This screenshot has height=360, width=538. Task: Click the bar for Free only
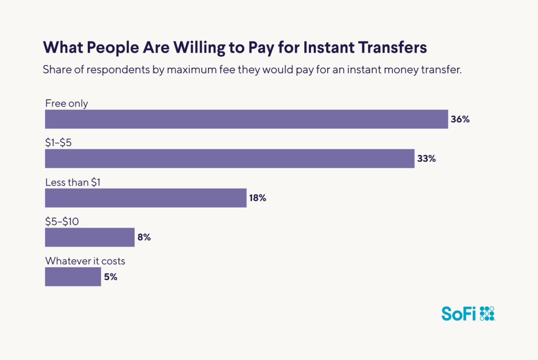coord(246,119)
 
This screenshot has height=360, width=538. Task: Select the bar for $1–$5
coord(230,159)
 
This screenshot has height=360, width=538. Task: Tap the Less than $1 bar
coord(146,198)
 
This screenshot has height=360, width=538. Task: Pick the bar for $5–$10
coord(90,238)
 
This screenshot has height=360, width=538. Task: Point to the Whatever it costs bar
coord(73,277)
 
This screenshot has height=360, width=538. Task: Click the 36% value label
coord(460,119)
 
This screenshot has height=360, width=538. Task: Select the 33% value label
coord(426,159)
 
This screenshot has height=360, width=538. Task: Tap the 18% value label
coord(258,198)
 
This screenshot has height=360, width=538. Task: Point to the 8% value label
coord(144,238)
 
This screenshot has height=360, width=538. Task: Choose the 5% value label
coord(110,277)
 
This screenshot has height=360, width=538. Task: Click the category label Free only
coord(67,104)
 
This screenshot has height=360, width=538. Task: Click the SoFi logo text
coord(459,314)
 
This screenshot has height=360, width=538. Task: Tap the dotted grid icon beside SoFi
coord(487,313)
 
